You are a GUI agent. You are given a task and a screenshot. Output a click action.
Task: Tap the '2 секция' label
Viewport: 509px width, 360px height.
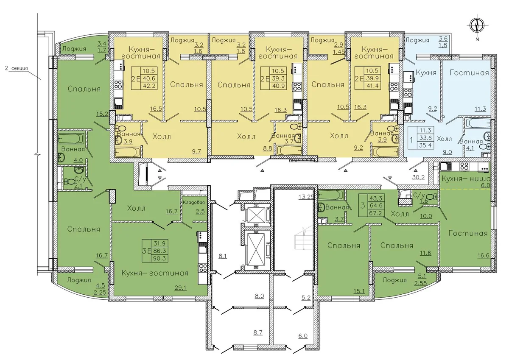tap(17, 68)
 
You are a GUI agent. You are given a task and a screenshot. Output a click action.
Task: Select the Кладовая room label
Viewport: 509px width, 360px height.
tap(194, 202)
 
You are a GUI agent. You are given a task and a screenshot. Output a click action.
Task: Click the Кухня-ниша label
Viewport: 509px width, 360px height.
tap(466, 179)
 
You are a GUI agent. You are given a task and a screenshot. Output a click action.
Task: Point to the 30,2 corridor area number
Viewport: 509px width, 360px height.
tap(418, 177)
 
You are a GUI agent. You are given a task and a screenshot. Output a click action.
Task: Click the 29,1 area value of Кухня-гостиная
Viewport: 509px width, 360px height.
tap(180, 288)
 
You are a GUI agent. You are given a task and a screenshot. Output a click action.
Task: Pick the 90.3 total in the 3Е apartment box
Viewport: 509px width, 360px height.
tap(160, 259)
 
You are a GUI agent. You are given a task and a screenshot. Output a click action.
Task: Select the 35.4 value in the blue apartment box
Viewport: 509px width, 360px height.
tap(425, 145)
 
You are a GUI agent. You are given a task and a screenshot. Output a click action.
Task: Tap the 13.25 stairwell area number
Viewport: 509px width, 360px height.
tap(306, 196)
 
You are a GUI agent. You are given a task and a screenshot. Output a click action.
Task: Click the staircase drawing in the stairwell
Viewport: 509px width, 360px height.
tap(300, 239)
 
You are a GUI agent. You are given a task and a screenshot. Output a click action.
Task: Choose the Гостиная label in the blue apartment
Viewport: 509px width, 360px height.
tap(469, 73)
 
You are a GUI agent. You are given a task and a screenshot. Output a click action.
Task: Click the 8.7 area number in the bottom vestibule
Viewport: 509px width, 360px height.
tap(258, 333)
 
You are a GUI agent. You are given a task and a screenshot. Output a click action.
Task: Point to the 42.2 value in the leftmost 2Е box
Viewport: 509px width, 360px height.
tap(149, 86)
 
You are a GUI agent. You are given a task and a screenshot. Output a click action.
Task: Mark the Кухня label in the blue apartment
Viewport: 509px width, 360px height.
tap(426, 73)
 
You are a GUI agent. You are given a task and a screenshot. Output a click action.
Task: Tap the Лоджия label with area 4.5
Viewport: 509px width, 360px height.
tap(79, 280)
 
